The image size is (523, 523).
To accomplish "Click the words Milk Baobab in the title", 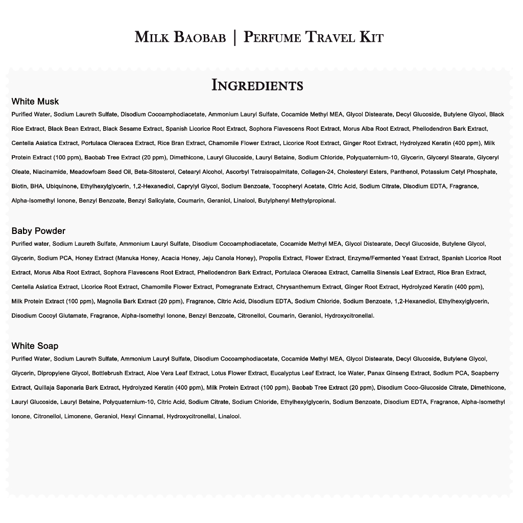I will click(180, 38).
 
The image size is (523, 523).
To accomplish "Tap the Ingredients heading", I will click(257, 85).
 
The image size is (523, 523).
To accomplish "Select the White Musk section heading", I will click(35, 101).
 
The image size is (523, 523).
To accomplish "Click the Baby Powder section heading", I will click(38, 231).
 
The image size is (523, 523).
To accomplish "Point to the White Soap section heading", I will click(35, 346).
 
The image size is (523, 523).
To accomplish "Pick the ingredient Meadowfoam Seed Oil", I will click(100, 172).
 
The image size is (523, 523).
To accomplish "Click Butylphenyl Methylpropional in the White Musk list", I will click(297, 200).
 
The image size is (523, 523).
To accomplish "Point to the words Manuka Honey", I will click(133, 258).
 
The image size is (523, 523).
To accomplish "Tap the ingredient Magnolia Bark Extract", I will click(127, 301).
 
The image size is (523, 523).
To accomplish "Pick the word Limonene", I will click(78, 416).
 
